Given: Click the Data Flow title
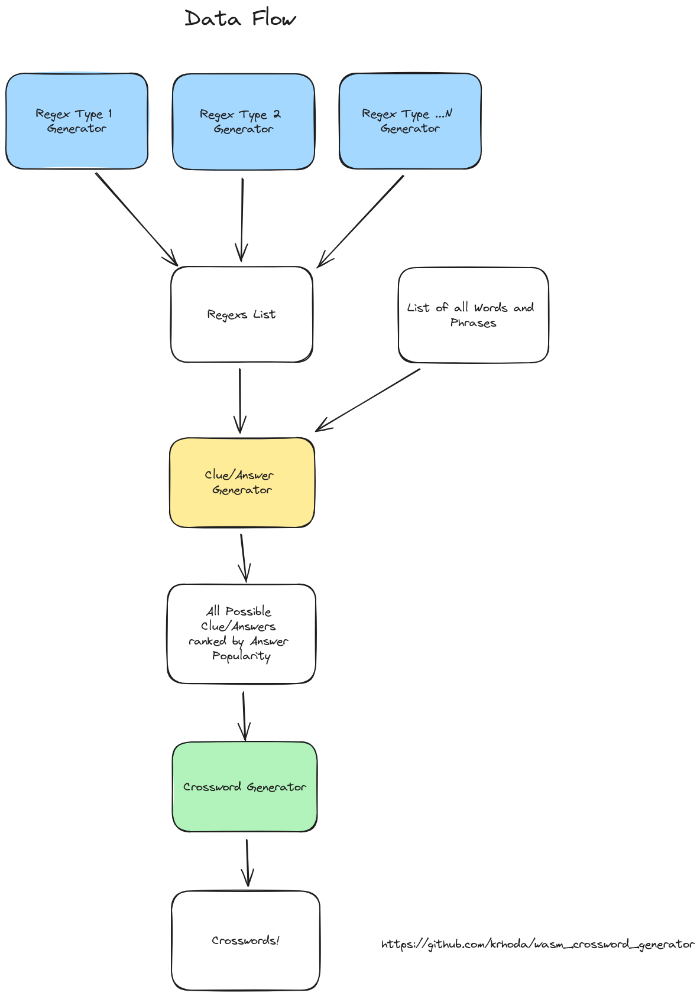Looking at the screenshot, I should pyautogui.click(x=240, y=19).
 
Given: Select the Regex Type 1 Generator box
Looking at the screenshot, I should pyautogui.click(x=77, y=121).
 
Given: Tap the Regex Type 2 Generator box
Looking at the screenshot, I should pyautogui.click(x=243, y=122).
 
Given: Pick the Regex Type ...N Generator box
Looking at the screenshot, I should pyautogui.click(x=410, y=121).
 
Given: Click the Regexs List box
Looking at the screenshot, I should pyautogui.click(x=241, y=314).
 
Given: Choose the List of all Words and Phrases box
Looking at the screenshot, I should pyautogui.click(x=473, y=315).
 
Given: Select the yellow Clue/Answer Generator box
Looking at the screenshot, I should pyautogui.click(x=241, y=483).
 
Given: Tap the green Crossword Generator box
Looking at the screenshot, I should pyautogui.click(x=244, y=787).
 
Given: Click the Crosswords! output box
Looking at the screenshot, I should pyautogui.click(x=245, y=940).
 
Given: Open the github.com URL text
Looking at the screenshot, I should pyautogui.click(x=538, y=944).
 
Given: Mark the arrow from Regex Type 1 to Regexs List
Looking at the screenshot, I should pyautogui.click(x=136, y=219).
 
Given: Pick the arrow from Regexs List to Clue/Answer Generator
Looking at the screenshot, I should pyautogui.click(x=240, y=401).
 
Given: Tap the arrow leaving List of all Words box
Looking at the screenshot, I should pyautogui.click(x=368, y=400).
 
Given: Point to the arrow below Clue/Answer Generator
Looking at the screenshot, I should pyautogui.click(x=243, y=558).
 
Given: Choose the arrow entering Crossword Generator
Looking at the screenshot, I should pyautogui.click(x=244, y=716).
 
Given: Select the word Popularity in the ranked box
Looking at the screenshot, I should pyautogui.click(x=241, y=656).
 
